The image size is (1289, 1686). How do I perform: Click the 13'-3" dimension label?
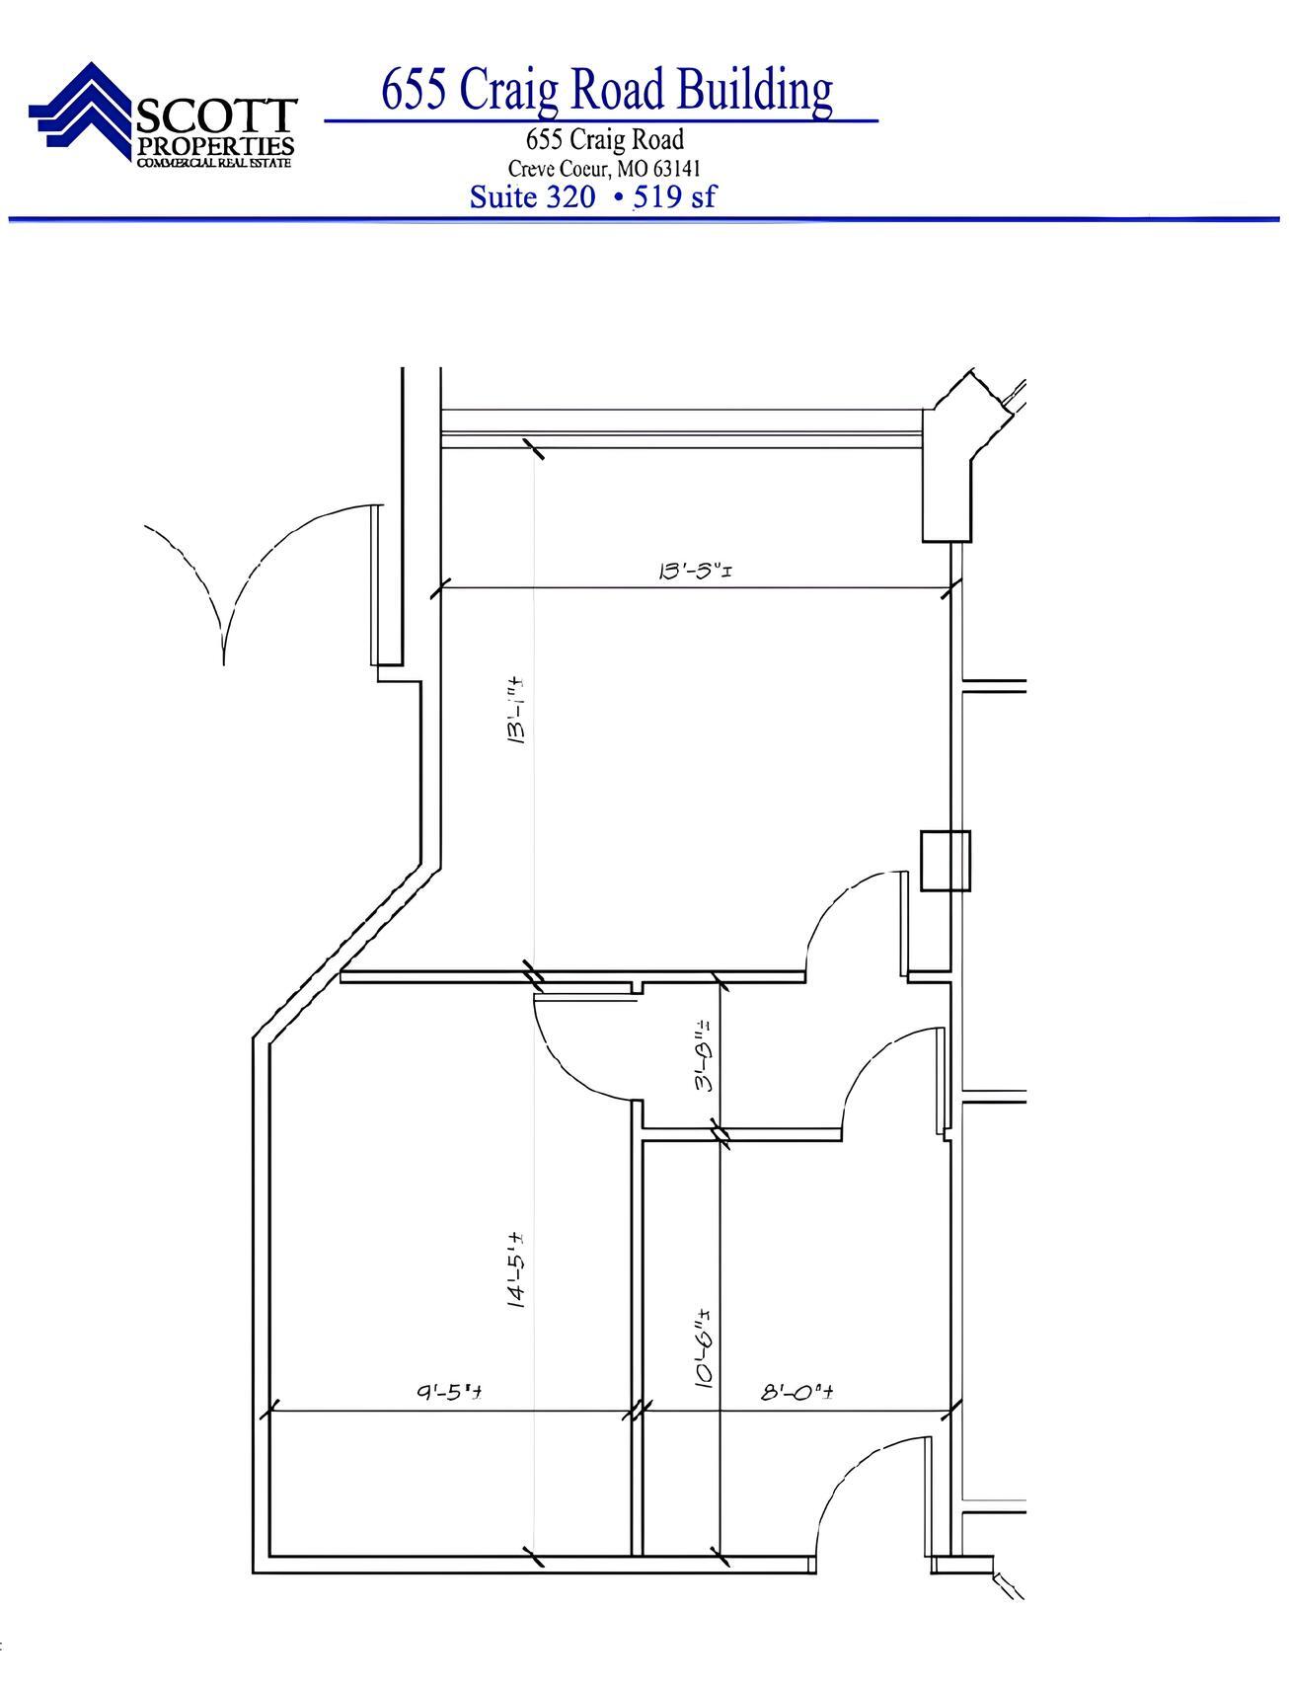coord(694,571)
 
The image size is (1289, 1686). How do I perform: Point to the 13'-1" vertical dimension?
coord(515,709)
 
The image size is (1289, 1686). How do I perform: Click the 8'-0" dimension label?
coord(798,1392)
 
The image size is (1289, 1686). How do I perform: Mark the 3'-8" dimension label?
coord(704,1053)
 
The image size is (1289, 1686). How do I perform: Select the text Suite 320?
coord(532,196)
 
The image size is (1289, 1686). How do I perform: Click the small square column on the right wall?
coord(945,861)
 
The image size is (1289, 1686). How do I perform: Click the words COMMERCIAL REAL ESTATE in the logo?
coord(214,163)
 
